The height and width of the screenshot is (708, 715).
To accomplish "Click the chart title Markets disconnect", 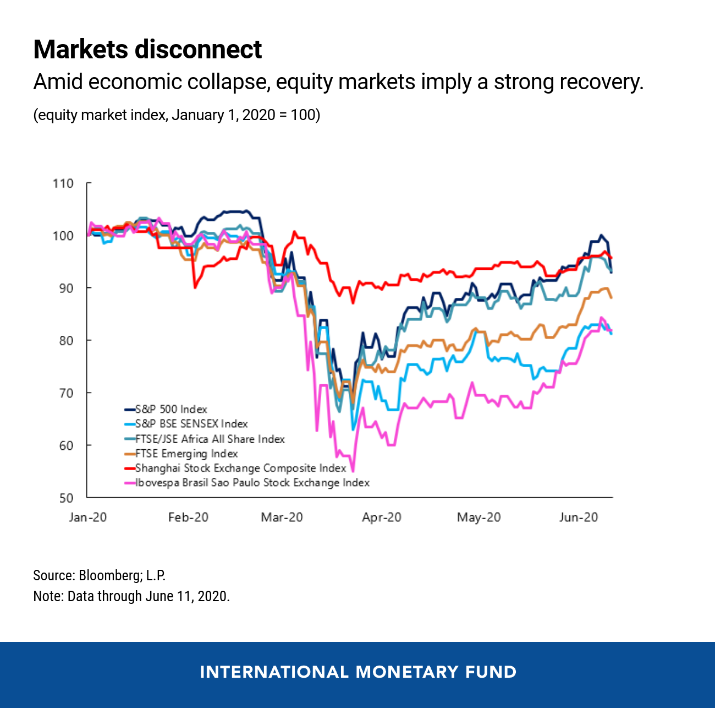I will (x=147, y=50).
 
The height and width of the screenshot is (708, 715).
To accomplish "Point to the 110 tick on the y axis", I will (x=63, y=183).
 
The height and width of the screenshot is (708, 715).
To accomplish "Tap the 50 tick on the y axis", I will (x=65, y=498).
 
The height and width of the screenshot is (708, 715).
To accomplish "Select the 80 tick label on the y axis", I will (x=65, y=340).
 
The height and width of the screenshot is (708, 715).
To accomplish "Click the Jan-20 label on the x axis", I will (x=88, y=518).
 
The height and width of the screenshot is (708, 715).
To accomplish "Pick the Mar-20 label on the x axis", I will (x=282, y=518).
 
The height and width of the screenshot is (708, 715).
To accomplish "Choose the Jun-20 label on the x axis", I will (x=578, y=518).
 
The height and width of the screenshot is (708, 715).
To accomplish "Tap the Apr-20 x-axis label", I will (x=381, y=518).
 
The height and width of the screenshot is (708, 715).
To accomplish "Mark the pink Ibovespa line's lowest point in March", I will (x=353, y=471).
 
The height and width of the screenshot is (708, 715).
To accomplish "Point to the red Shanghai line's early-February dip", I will (x=195, y=287).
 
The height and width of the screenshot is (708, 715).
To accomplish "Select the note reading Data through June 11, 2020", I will (x=131, y=596).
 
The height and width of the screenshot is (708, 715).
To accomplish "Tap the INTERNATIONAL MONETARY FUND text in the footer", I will (x=358, y=672).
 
